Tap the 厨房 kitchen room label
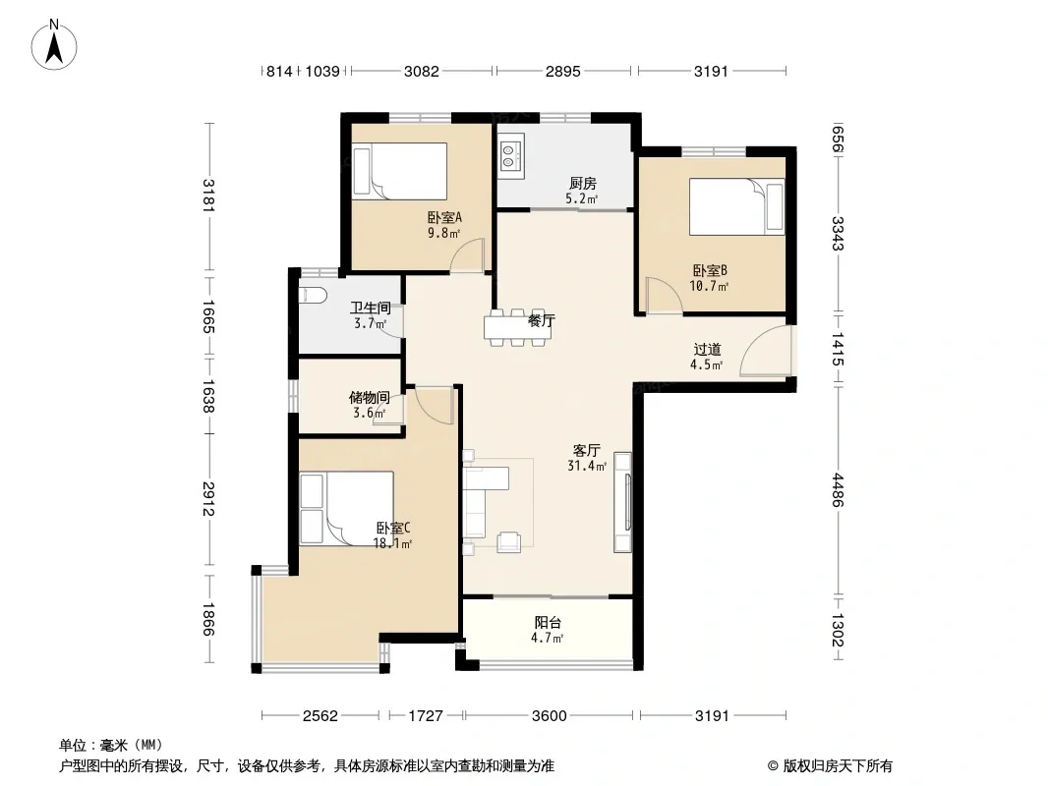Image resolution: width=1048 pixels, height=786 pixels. coord(583,183)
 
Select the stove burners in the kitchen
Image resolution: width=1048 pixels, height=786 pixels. coord(508,154)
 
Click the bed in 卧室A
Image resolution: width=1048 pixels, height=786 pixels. coord(400,171)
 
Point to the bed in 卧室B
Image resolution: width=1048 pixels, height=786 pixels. coord(736,206)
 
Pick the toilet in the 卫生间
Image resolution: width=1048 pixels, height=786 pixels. coord(312,295)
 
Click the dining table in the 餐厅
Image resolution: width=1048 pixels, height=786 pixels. coord(518,327)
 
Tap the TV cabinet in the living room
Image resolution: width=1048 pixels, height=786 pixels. coord(623,502)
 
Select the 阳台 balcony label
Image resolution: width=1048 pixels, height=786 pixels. coord(548,622)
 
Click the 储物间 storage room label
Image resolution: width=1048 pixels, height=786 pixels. coord(370,397)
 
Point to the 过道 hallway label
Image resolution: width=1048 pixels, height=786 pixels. coord(707,349)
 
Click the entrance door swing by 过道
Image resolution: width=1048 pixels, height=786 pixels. coord(766,352)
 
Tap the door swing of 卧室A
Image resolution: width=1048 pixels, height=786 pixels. coord(467,255)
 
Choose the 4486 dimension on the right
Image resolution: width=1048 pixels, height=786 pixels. coord(838,489)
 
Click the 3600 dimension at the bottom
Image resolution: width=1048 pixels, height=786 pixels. coord(550,716)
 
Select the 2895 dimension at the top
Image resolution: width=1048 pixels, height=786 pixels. coord(562,71)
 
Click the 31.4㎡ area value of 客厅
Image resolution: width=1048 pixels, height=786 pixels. coord(587,466)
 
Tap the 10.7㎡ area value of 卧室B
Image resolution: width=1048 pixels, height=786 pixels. coord(709,286)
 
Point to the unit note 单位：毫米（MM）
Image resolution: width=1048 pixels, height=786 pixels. coord(111,745)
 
